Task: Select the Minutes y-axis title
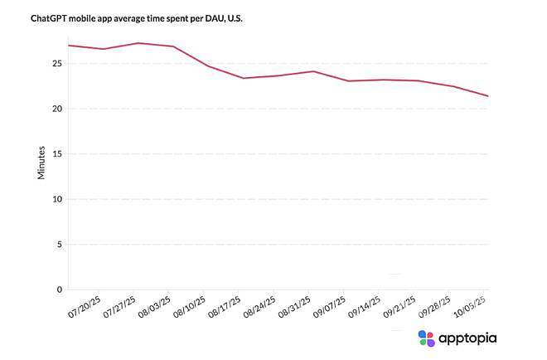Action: click(x=41, y=160)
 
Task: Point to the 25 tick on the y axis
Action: click(x=56, y=63)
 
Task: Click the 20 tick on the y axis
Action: click(x=56, y=109)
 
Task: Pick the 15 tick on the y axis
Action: click(x=56, y=153)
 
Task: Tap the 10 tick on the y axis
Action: click(x=56, y=199)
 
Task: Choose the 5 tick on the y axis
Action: click(x=59, y=245)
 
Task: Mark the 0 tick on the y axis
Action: click(x=59, y=289)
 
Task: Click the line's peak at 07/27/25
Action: click(x=138, y=43)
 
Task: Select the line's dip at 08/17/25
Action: click(x=244, y=78)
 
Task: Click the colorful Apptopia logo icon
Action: click(x=426, y=338)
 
